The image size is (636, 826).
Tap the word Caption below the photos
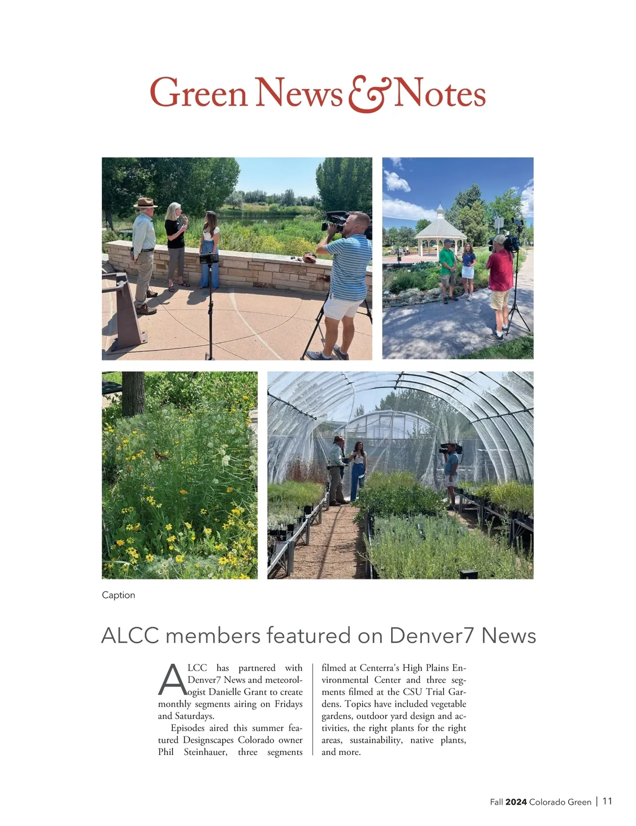click(118, 595)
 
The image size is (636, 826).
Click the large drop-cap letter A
click(172, 680)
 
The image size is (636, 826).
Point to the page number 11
click(607, 801)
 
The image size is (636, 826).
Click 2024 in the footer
click(516, 802)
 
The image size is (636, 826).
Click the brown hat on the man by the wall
click(145, 203)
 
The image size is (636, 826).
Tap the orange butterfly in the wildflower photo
click(160, 454)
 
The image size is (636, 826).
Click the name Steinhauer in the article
click(206, 752)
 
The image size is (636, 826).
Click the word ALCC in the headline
click(130, 635)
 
